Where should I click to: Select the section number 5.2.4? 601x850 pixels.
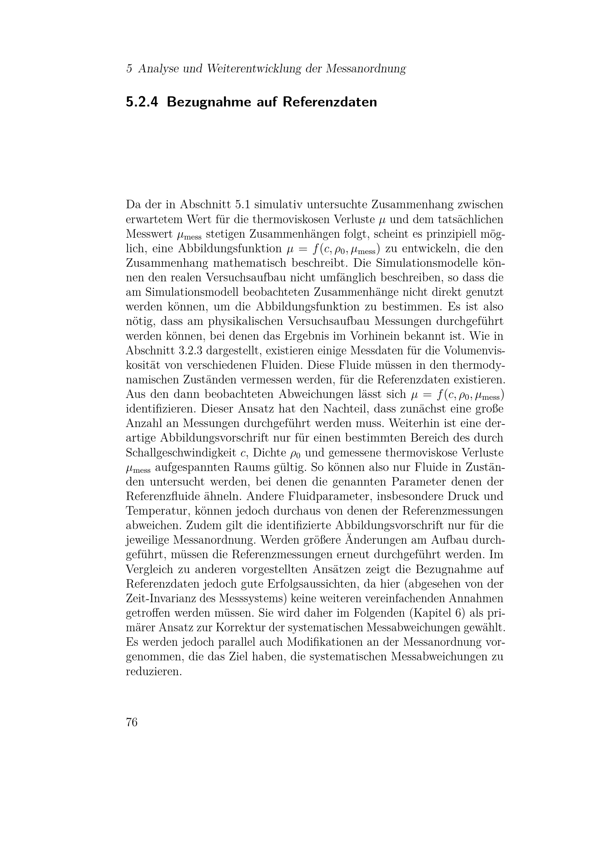click(x=142, y=102)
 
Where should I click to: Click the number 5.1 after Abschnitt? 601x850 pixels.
click(x=242, y=204)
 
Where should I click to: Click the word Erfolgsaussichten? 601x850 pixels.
click(x=310, y=584)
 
